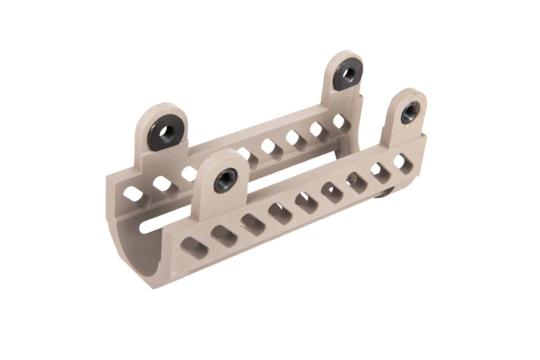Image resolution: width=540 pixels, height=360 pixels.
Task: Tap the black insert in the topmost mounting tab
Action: tap(347, 74)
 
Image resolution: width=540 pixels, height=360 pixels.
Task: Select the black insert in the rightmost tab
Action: tap(411, 109)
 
